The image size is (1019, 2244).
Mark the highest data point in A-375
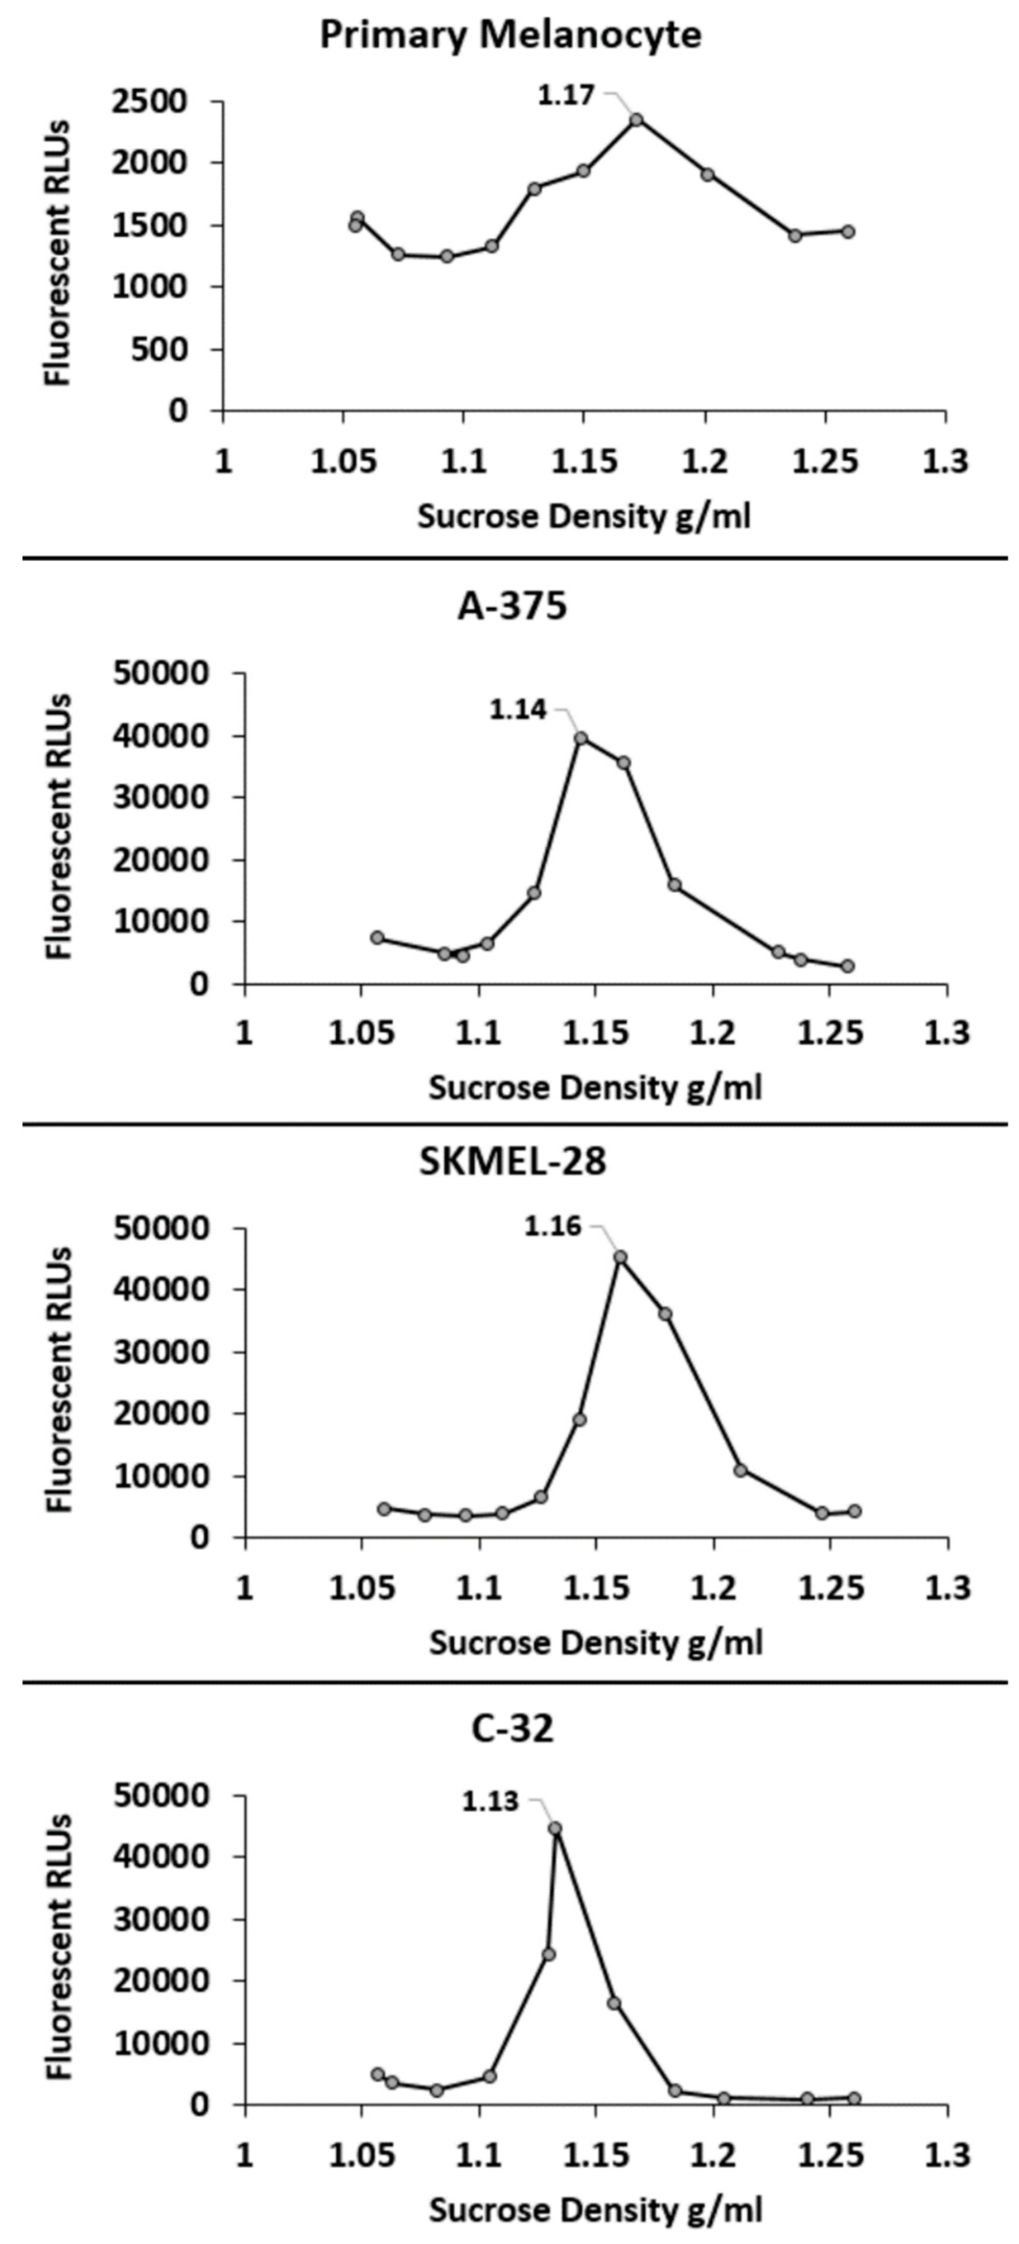pyautogui.click(x=581, y=738)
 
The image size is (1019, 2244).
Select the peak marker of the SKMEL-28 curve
pyautogui.click(x=620, y=1257)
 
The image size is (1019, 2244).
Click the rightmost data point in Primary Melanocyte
pyautogui.click(x=848, y=231)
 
